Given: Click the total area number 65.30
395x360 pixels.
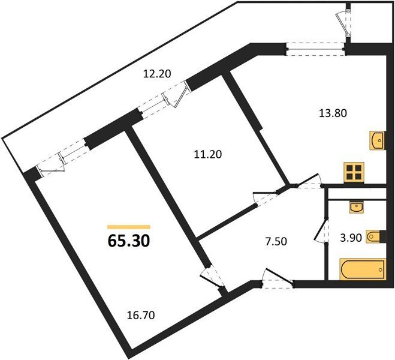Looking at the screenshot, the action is pos(129,241).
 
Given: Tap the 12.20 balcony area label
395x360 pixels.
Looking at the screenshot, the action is pos(157,74).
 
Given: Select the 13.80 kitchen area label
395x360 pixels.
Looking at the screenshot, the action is pos(333,113).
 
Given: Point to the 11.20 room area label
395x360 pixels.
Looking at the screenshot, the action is pos(208,154).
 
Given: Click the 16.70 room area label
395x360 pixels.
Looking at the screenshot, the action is pos(141,316).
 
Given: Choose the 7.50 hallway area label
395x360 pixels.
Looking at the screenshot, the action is pos(276,242).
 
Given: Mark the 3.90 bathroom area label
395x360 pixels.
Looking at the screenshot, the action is pos(351,238).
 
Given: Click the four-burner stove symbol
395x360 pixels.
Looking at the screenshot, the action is pos(354,172).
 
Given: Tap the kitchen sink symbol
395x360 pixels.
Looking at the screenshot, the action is pos(378,140).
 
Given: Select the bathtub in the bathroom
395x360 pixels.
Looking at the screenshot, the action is pos(363,269).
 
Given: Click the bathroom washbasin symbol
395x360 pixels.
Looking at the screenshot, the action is pos(356,207).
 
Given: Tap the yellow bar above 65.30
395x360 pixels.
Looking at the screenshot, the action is pos(129,227).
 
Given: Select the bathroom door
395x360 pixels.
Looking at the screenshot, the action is pos(322,230).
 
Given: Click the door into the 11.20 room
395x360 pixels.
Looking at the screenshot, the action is pos(267,198).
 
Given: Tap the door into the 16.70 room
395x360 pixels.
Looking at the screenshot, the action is pos(212,277).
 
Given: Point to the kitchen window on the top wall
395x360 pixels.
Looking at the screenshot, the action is pos(316,49).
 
